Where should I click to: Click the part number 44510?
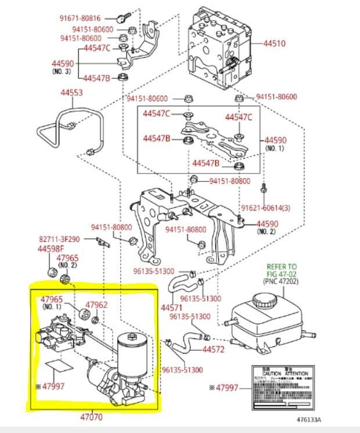[x=275, y=43]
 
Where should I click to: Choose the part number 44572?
[x=214, y=350]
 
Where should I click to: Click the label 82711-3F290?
[x=64, y=239]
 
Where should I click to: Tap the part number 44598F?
[x=51, y=248]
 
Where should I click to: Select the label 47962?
[x=96, y=304]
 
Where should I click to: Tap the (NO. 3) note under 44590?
[x=60, y=71]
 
